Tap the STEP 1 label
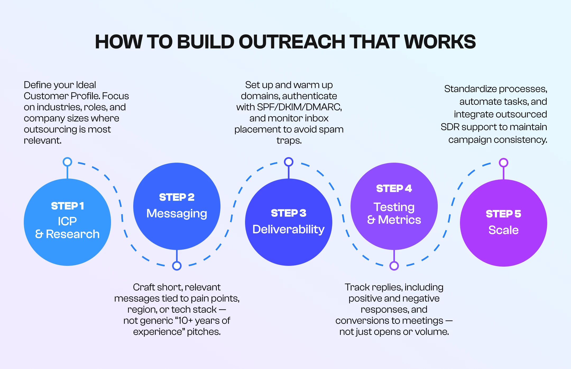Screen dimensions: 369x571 [67, 206]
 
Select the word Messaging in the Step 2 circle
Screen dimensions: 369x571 [177, 213]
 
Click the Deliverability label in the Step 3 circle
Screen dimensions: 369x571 [288, 229]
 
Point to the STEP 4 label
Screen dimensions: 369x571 [394, 189]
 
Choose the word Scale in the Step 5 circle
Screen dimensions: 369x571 [503, 230]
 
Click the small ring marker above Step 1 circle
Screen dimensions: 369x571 [67, 162]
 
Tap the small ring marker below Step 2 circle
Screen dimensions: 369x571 [177, 266]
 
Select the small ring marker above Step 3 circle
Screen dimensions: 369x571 [288, 162]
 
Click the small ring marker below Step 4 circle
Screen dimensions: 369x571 [394, 266]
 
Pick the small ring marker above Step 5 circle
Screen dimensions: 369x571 [503, 162]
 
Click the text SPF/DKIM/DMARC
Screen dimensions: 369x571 [299, 107]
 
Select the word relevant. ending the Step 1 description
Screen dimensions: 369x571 [43, 140]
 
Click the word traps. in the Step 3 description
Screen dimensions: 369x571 [289, 140]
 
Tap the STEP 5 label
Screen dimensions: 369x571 [503, 214]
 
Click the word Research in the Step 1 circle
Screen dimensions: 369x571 [73, 234]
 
